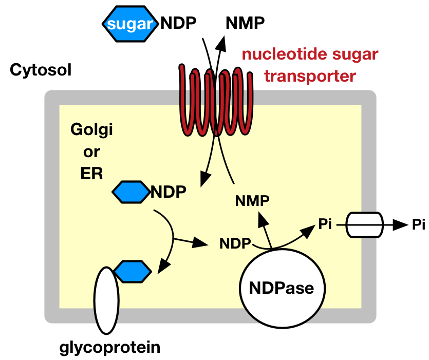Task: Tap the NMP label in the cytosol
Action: (245, 23)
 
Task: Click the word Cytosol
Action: (41, 69)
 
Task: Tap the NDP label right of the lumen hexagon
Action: (168, 192)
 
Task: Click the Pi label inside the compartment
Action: (325, 224)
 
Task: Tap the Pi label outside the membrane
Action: (419, 225)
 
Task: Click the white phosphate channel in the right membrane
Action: (364, 225)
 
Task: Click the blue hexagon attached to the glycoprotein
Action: (132, 271)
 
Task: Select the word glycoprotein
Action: (110, 348)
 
